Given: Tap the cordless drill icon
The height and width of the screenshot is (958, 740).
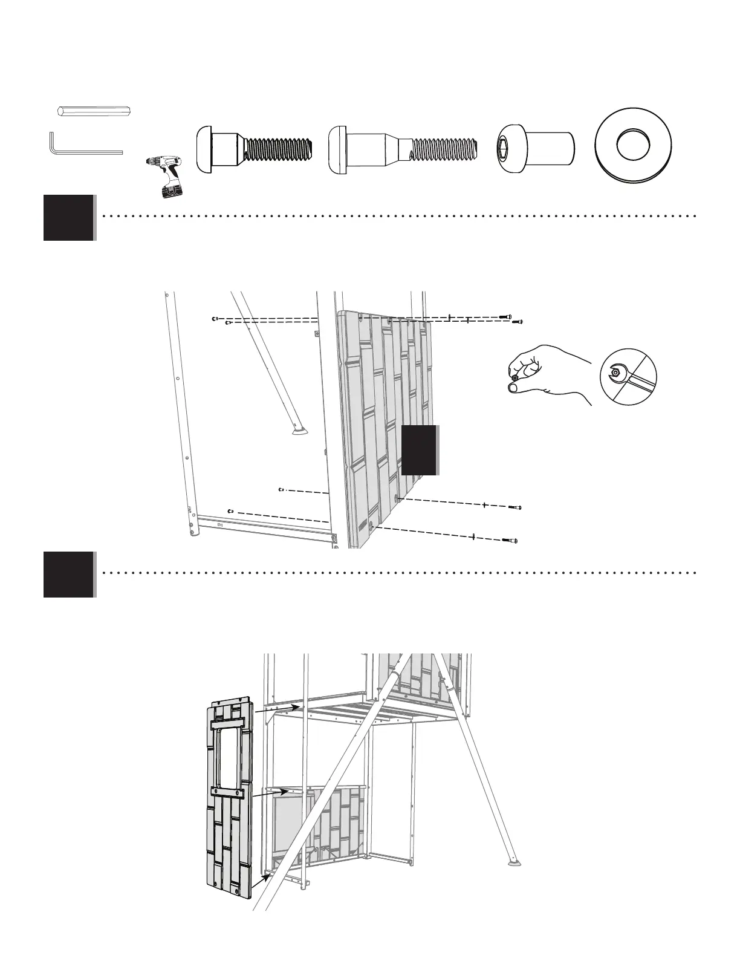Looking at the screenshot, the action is tap(166, 175).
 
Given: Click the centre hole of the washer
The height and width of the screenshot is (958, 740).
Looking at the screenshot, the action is tap(633, 146).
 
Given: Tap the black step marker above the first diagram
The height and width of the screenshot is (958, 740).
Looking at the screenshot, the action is tap(68, 218).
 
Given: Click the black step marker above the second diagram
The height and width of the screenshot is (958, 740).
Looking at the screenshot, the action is tap(68, 575).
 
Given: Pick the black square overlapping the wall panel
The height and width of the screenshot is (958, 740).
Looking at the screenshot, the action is tap(419, 449).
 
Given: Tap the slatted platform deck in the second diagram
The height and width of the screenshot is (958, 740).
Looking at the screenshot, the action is tap(363, 708).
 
